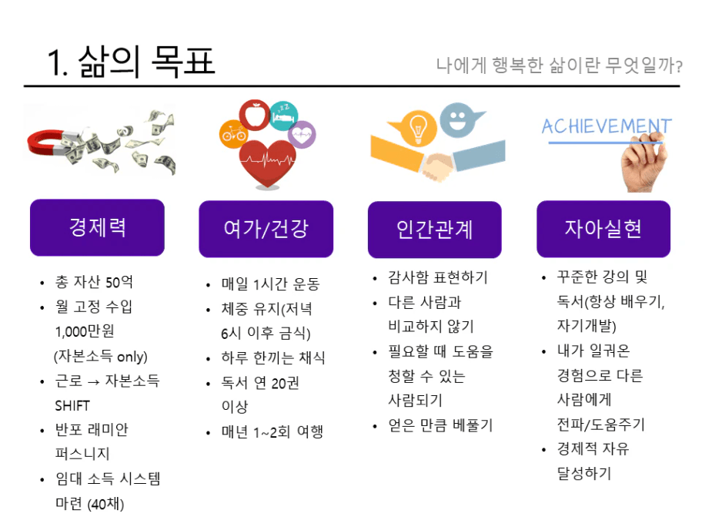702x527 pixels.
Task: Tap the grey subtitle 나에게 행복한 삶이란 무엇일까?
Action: click(559, 65)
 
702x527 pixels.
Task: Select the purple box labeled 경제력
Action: click(97, 227)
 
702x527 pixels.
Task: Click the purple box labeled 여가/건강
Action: click(266, 229)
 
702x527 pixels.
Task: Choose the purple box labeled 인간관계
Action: click(435, 230)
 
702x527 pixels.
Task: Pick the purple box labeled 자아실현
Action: click(603, 229)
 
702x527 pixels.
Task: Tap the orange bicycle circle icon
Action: click(233, 133)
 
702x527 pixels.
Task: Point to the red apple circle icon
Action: click(255, 115)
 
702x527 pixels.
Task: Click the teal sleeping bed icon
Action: click(283, 116)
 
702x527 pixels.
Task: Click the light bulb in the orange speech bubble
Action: click(418, 128)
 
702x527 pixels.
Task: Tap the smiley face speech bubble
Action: click(459, 119)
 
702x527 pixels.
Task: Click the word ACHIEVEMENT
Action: click(607, 126)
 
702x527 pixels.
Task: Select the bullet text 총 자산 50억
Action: click(94, 282)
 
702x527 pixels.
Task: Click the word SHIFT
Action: click(72, 405)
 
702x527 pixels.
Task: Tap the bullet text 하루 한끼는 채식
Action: click(273, 357)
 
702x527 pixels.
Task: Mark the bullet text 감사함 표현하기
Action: click(438, 277)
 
